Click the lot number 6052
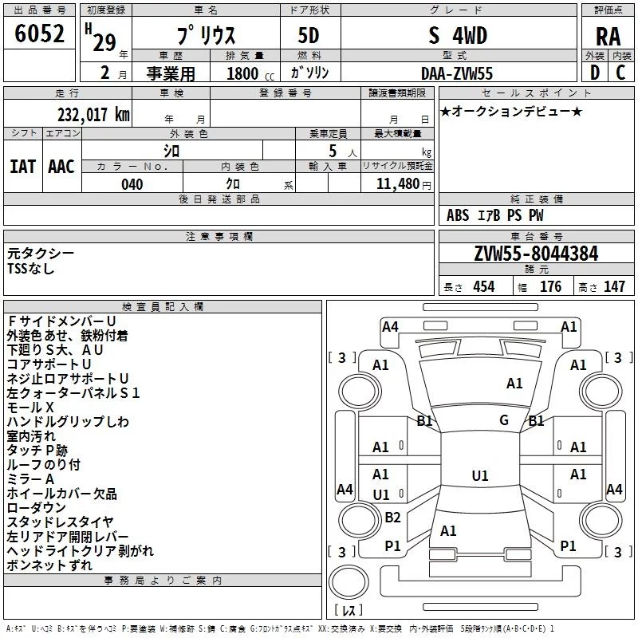point(39,34)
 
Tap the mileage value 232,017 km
point(93,114)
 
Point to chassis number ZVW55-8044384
point(536,254)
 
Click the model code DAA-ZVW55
point(457,73)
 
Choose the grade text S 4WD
point(457,36)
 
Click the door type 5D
point(309,36)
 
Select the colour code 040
point(132,184)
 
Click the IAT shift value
point(22,167)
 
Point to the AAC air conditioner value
point(61,167)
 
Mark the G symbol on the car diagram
point(504,420)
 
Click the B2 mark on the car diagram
point(392,518)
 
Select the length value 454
point(482,286)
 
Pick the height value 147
point(614,286)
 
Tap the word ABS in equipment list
point(458,215)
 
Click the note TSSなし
point(31,269)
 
